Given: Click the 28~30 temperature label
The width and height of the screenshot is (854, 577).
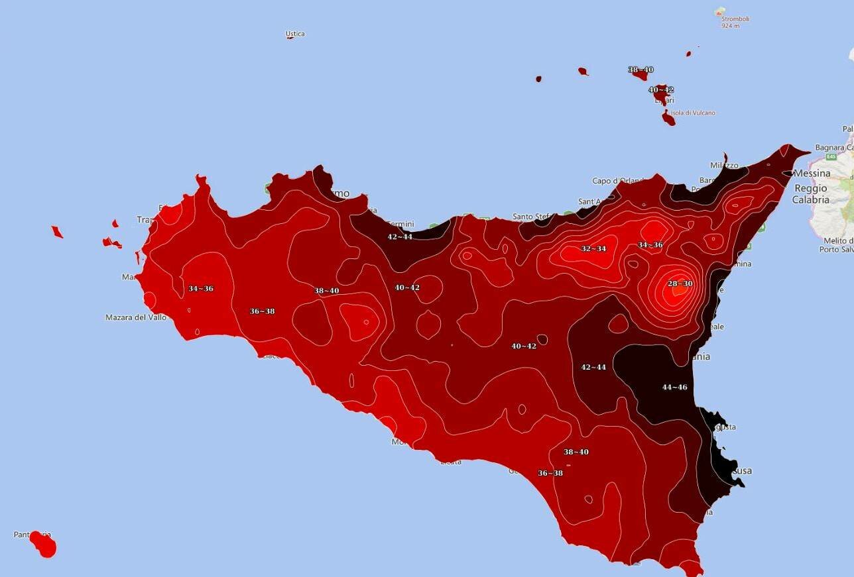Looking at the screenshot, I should coord(680,284).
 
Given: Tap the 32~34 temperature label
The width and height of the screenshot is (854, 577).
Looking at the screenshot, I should coord(593,248).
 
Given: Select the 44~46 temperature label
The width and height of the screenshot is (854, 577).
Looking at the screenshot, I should coord(674,387).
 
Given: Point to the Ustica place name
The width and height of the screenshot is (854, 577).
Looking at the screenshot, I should coord(295,34).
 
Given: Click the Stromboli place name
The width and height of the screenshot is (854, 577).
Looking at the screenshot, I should coord(735,19).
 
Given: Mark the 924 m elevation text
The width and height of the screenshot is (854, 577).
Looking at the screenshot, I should coord(731,26).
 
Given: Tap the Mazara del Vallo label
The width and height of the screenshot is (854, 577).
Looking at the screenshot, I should coord(136,317).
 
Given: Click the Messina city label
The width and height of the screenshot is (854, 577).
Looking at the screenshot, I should coord(812,173).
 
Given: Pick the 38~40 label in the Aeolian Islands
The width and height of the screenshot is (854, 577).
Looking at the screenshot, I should coord(640,70).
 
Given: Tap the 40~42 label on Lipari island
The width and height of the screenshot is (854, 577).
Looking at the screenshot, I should coord(660,89).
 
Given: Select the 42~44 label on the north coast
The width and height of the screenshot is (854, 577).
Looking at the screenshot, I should coord(400,236).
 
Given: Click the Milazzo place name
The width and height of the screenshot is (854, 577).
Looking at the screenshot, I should coord(724,165).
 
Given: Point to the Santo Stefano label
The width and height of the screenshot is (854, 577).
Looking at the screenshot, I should coord(532,217).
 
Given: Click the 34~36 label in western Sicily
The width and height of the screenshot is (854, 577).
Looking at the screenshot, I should coord(200,289).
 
